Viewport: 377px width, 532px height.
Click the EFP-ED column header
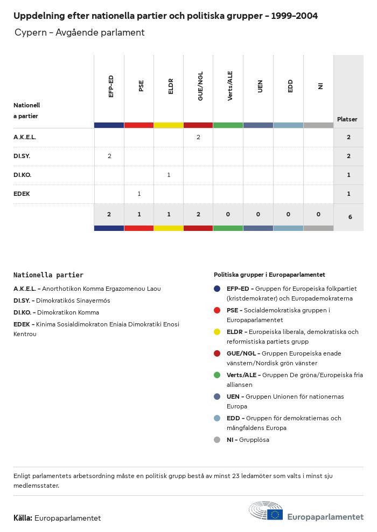pos(110,86)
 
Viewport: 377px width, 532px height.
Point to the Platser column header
pos(347,119)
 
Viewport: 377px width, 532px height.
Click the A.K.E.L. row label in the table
pos(25,138)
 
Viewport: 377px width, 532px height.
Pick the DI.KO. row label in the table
pos(23,175)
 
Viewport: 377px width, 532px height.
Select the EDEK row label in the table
pos(22,194)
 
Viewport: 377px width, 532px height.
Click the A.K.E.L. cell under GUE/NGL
pos(198,138)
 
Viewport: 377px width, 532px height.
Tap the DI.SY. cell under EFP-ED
pos(109,156)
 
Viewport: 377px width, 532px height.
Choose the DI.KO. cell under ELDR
pos(169,175)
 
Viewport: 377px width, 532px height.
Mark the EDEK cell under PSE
pos(139,194)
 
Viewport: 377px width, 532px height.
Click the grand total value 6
pos(350,217)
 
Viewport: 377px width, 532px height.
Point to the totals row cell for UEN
pos(258,215)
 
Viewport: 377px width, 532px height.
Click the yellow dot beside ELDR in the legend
pos(217,332)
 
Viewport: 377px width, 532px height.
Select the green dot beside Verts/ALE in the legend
pos(217,375)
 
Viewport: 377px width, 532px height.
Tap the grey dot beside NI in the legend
pos(217,440)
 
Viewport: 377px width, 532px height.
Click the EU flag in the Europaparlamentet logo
pos(275,515)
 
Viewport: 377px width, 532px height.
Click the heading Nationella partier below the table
pos(48,275)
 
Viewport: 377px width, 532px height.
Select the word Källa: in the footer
pos(23,518)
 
